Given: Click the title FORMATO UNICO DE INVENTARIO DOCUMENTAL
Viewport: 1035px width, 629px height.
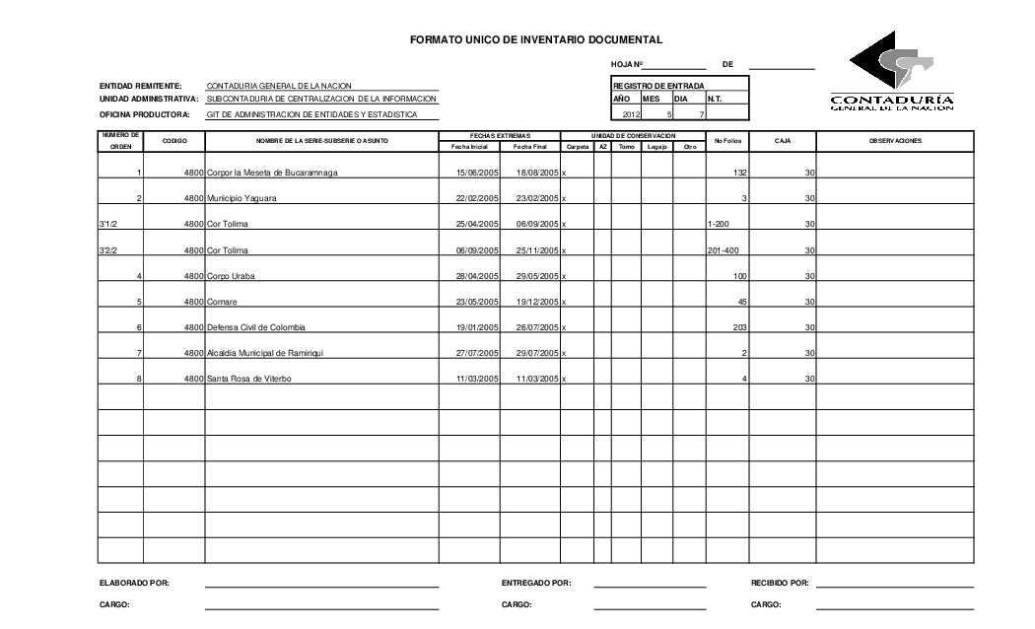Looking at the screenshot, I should point(536,39).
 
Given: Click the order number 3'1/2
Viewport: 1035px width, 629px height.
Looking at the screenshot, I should point(108,225).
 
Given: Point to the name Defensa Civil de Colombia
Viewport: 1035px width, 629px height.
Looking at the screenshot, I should point(256,327).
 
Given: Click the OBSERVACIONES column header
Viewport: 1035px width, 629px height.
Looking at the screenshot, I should point(895,141).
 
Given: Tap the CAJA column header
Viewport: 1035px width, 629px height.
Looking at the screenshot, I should point(783,141).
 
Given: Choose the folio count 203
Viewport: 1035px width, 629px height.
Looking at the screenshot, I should point(740,327).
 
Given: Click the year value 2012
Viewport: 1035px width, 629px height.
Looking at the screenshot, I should point(631,114).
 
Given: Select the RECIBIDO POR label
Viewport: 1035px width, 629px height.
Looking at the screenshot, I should point(780,583).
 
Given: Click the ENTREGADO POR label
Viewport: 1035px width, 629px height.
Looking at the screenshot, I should point(536,583).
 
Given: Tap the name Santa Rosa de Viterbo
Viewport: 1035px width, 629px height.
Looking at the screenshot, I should point(249,379).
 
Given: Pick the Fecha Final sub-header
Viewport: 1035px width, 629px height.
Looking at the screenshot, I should point(530,146).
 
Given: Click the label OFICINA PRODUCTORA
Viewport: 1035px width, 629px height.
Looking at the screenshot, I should point(144,114).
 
